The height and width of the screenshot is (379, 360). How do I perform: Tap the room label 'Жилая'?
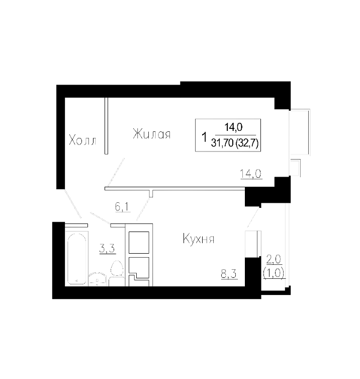151,134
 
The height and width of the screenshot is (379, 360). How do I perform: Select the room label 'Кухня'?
199,239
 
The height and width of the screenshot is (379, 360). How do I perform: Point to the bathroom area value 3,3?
106,248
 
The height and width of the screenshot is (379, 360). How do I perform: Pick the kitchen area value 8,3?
229,275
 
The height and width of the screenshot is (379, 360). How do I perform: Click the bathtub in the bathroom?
77,259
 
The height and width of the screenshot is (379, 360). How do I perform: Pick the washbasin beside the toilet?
97,280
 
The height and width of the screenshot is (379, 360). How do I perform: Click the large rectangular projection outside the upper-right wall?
300,131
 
